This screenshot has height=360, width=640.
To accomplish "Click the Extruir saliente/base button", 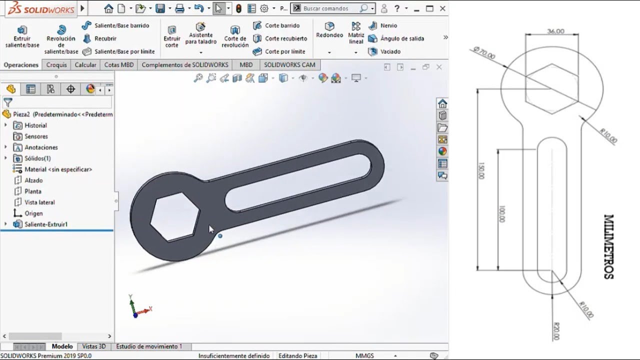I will point(22,36).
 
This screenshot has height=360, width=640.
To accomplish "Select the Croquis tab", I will point(56,65).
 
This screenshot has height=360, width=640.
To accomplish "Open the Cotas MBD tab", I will point(118,65).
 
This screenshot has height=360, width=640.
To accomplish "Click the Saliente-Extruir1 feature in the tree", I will point(45,224).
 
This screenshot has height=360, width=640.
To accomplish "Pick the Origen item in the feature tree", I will point(33,213).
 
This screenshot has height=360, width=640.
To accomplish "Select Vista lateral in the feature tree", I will point(39,202).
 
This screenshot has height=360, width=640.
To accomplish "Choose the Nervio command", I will point(388,25).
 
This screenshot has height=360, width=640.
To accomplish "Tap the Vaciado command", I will point(390,51).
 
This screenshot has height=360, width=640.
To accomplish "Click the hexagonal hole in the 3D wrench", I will point(175,217).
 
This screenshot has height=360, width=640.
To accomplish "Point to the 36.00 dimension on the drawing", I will point(555,31).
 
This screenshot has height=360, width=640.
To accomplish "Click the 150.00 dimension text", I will point(481,170).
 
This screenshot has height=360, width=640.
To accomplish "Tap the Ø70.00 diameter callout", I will point(483,53).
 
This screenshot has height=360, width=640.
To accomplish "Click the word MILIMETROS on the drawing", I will point(608,246).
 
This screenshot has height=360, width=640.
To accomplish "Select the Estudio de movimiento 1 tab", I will point(149,346).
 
